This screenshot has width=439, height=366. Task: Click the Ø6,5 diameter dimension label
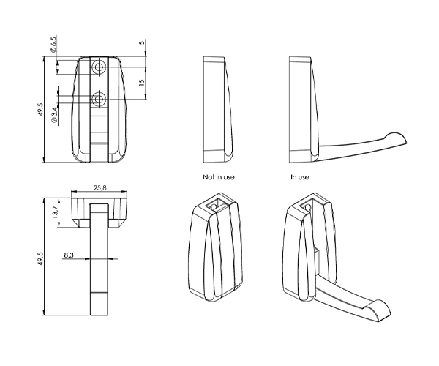point(53,44)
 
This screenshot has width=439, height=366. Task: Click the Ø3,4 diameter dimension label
point(54,114)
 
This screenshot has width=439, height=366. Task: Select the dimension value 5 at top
point(142,43)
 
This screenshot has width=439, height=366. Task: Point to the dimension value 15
point(142,82)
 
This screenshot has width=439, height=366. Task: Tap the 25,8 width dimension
point(100,187)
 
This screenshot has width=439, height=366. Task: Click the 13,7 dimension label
point(55,212)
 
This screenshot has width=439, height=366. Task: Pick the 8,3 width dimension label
point(69,255)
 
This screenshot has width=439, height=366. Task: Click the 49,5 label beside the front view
point(41,109)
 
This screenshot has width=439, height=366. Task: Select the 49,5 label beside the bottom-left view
point(41,258)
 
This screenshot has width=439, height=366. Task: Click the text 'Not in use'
point(219,177)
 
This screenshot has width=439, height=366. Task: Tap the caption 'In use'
point(300,177)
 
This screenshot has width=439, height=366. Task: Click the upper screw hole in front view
point(99,67)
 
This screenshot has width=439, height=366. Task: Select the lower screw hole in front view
point(99,100)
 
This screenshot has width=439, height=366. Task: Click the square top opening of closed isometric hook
point(217,204)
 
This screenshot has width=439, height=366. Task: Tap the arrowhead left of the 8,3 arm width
point(87,258)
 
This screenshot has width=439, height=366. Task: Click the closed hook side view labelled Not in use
point(218,110)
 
